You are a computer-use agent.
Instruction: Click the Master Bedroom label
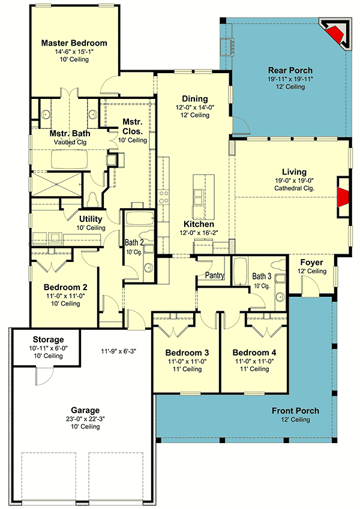click(x=74, y=43)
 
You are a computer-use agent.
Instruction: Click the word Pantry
click(x=214, y=275)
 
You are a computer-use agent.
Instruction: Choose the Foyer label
click(x=311, y=263)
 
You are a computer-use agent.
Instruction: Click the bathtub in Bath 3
click(x=240, y=273)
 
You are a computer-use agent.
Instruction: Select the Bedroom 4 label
click(x=254, y=353)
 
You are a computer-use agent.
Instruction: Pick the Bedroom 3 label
click(x=187, y=353)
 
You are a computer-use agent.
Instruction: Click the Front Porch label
click(x=295, y=411)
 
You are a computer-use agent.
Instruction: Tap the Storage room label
click(x=48, y=340)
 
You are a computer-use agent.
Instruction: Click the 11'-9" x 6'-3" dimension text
click(x=118, y=351)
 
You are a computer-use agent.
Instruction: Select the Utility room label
click(x=91, y=219)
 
